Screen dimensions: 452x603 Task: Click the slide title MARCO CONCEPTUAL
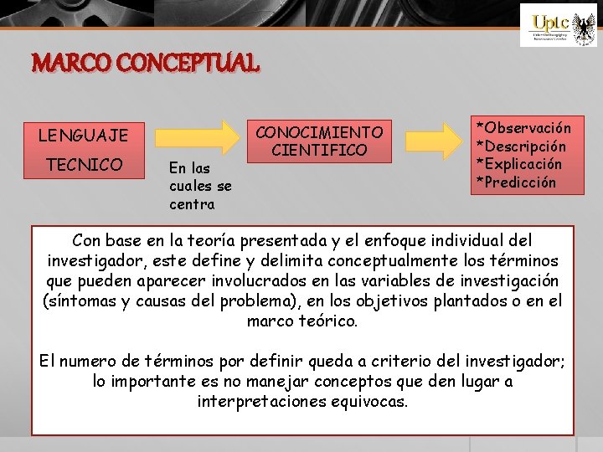pyautogui.click(x=146, y=63)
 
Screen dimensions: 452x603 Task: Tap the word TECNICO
pyautogui.click(x=84, y=164)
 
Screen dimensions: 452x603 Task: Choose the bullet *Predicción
pyautogui.click(x=516, y=182)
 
